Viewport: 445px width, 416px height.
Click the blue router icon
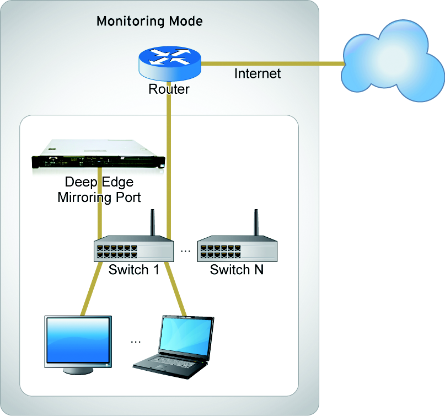(169, 61)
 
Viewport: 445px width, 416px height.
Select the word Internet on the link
(258, 73)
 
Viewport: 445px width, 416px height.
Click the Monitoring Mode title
(149, 22)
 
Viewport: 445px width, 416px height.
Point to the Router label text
(169, 89)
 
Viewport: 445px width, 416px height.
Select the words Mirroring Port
(99, 197)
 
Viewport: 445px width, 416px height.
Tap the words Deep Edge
(99, 182)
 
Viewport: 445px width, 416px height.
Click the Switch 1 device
(132, 249)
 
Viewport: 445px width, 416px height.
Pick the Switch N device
(237, 249)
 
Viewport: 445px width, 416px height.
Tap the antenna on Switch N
(256, 223)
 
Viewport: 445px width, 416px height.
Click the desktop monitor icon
(78, 343)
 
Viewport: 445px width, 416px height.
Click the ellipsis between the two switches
(185, 251)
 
